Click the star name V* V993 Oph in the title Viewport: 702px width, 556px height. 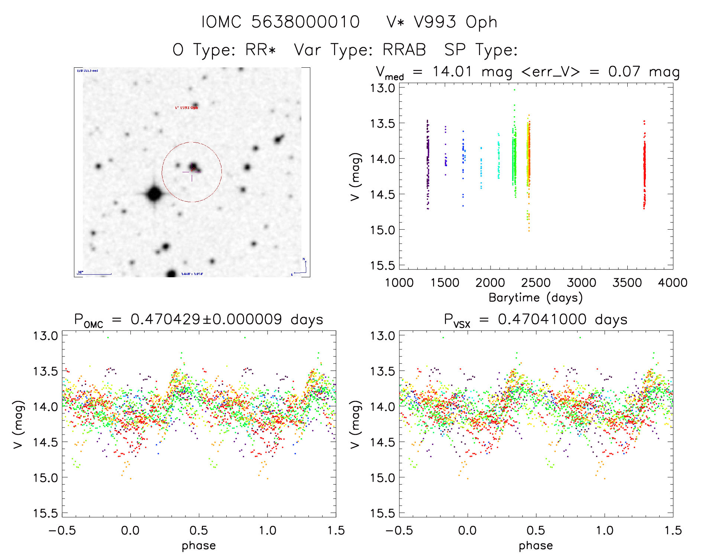441,22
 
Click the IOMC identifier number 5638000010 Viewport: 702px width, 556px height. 305,22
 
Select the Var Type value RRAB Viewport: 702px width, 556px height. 404,50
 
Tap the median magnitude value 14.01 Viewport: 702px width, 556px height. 452,71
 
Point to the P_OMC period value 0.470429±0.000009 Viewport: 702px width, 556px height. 206,319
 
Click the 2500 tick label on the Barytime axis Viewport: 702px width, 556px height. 536,283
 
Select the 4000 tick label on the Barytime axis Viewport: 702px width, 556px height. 672,283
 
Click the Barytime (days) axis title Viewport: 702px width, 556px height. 536,298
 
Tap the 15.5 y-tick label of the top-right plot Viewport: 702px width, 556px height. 382,265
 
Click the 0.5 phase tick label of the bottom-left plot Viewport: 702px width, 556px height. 199,530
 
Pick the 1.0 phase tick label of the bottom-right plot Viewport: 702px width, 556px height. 605,530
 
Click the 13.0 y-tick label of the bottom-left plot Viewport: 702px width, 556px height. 45,336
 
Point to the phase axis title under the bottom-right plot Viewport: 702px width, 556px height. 536,546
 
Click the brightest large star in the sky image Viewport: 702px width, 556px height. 154,194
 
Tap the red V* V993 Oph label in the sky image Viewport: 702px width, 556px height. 187,108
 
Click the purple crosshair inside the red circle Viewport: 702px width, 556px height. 192,172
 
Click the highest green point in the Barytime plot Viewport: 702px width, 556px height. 514,90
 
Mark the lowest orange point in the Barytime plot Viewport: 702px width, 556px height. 529,231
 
